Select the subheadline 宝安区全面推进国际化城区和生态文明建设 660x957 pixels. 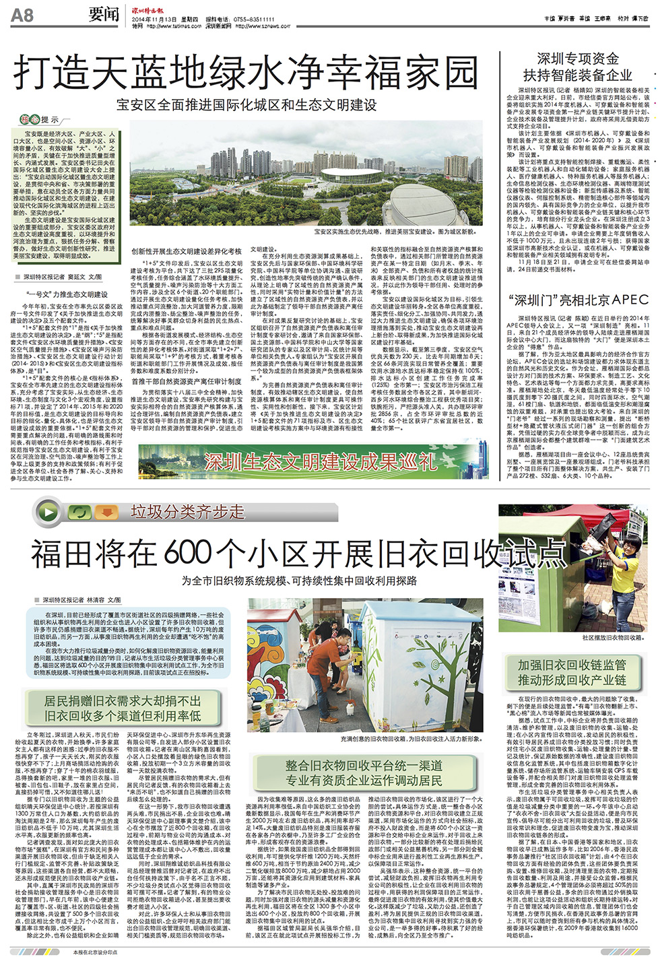pos(246,105)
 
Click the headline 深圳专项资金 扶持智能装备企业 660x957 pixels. pos(577,67)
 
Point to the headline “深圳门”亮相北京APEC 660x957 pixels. pos(577,300)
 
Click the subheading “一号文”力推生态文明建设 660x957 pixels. pos(67,294)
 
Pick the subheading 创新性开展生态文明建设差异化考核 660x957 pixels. pos(187,251)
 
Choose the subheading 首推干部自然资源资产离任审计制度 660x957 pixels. pos(187,381)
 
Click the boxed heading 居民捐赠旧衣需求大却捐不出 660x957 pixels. pos(122,701)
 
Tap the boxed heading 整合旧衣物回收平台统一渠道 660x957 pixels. pos(363,766)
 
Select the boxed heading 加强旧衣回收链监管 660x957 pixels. pos(572,665)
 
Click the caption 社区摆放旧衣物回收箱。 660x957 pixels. pos(612,636)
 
